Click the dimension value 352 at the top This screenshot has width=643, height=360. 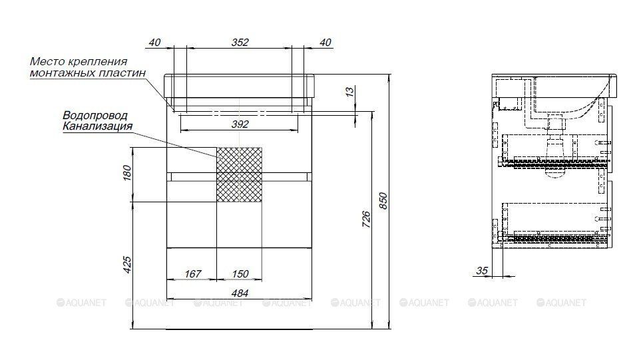240,42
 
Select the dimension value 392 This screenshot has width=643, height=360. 240,124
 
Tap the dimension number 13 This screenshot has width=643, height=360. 349,91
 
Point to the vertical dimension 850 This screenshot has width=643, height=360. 383,200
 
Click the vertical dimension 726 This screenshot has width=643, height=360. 366,220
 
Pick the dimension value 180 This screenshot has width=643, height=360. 127,172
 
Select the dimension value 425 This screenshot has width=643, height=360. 127,265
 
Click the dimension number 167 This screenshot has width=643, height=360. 193,274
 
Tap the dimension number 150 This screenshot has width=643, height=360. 240,274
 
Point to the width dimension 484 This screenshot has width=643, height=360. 240,293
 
